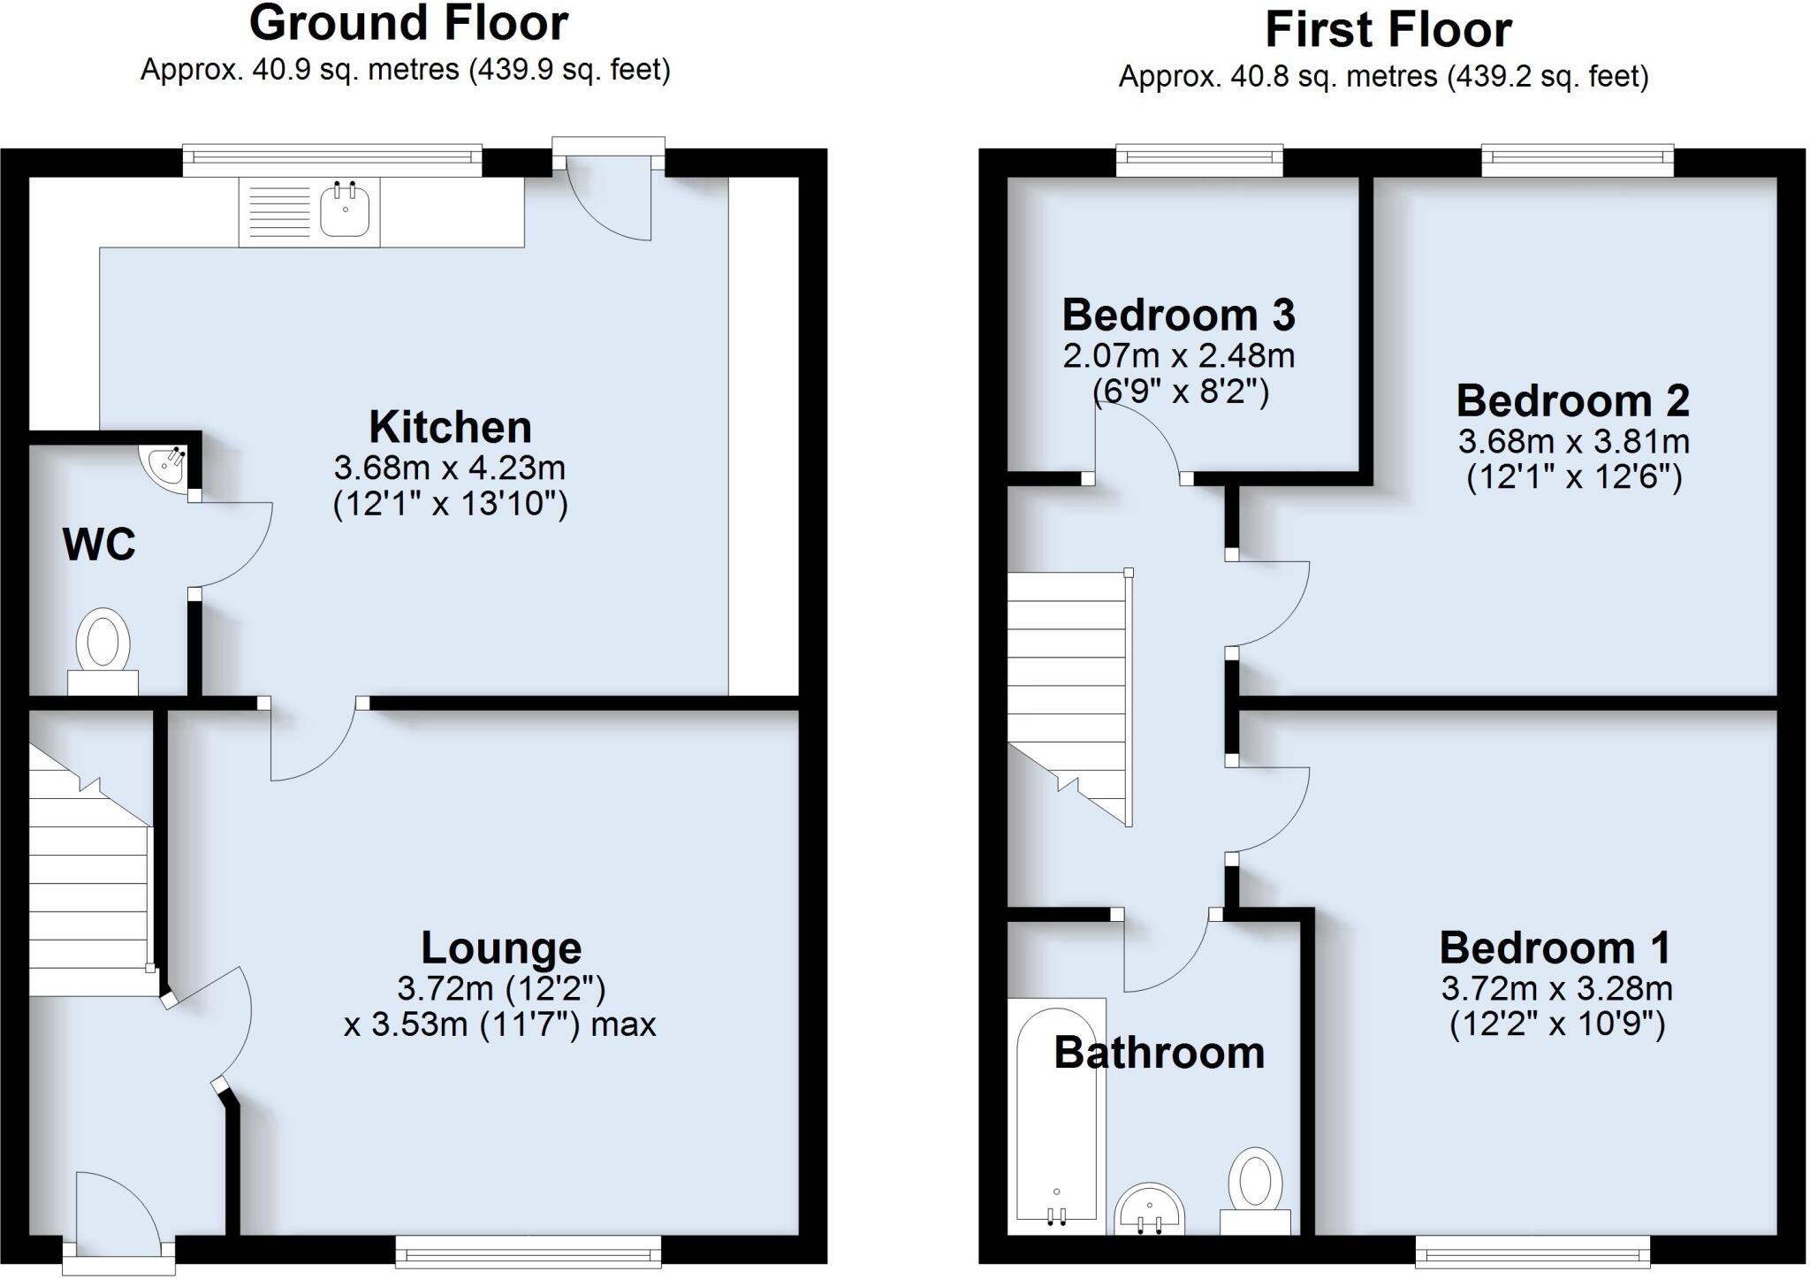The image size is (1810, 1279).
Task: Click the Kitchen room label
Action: pyautogui.click(x=450, y=427)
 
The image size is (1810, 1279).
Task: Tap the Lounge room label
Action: pyautogui.click(x=501, y=948)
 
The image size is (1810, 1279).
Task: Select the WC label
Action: pyautogui.click(x=99, y=544)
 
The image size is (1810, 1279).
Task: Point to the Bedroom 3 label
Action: pyautogui.click(x=1178, y=315)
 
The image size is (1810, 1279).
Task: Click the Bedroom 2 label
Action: pyautogui.click(x=1573, y=400)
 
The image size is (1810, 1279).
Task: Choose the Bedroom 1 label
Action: pyautogui.click(x=1555, y=948)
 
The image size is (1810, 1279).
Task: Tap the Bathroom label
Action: pyautogui.click(x=1160, y=1053)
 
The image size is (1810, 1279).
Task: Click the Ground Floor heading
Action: pyautogui.click(x=408, y=24)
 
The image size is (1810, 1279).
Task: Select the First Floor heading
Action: pyautogui.click(x=1388, y=30)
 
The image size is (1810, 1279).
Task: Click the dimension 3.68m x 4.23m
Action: pyautogui.click(x=450, y=467)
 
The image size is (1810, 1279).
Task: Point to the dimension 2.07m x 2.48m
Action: pyautogui.click(x=1178, y=356)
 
